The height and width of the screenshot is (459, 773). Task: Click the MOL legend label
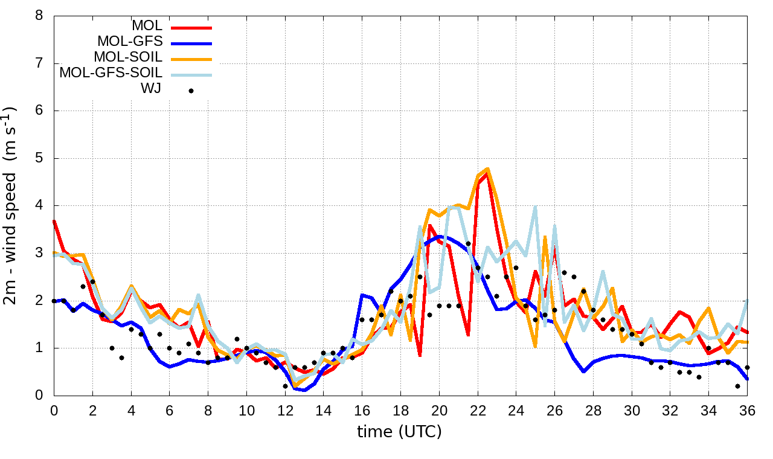click(x=147, y=26)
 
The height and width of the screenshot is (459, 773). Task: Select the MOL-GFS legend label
click(x=130, y=42)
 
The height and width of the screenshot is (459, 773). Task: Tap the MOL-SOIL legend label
click(x=128, y=57)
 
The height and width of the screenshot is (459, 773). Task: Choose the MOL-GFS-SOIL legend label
click(x=111, y=73)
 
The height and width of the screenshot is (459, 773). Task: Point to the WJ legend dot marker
click(x=191, y=91)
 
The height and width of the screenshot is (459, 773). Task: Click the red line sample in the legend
click(x=191, y=27)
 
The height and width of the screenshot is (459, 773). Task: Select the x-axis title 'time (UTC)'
click(x=399, y=432)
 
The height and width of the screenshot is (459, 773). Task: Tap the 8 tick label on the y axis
click(x=39, y=16)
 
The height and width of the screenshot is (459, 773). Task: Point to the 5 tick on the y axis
click(x=39, y=158)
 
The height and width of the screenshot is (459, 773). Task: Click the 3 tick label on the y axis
click(x=39, y=253)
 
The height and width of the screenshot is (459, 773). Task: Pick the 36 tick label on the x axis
click(x=748, y=411)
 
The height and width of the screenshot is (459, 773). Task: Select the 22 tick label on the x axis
click(x=478, y=411)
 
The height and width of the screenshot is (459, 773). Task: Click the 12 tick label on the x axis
click(x=285, y=411)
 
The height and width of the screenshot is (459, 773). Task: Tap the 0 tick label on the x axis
click(x=54, y=411)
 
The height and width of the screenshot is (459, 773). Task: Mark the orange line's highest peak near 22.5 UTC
click(x=487, y=169)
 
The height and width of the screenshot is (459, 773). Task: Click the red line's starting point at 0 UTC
click(x=54, y=221)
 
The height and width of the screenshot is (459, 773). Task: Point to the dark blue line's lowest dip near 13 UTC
click(x=304, y=390)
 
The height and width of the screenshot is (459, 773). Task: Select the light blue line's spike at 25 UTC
click(x=535, y=207)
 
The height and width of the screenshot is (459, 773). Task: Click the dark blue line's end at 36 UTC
click(x=748, y=379)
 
